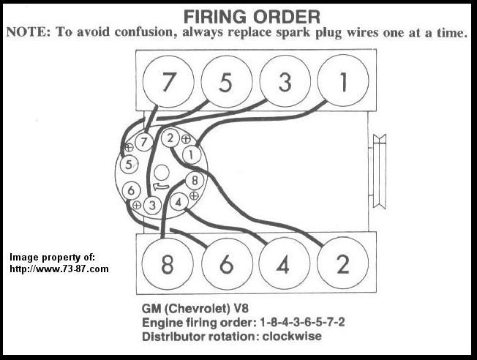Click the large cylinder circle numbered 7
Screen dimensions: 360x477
click(x=168, y=82)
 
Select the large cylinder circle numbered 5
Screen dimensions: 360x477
click(x=226, y=82)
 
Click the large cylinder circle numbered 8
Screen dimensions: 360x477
click(x=168, y=264)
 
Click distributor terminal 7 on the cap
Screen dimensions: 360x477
click(x=145, y=141)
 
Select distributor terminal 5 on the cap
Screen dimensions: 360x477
click(x=129, y=164)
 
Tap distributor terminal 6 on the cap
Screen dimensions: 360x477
click(x=132, y=190)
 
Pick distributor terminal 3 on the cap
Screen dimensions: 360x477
click(x=152, y=205)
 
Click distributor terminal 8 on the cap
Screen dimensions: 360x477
click(x=193, y=180)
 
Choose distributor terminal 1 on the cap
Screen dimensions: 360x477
click(x=192, y=155)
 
